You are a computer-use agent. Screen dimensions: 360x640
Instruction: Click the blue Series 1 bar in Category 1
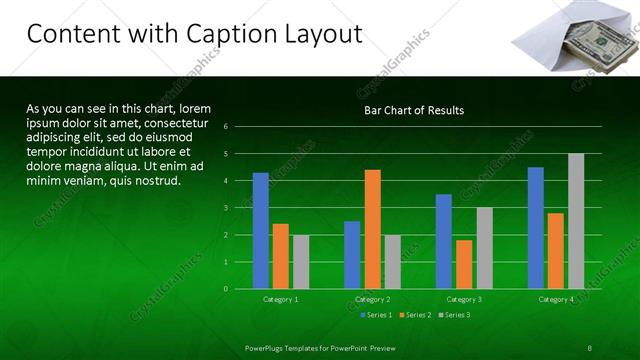pyautogui.click(x=260, y=231)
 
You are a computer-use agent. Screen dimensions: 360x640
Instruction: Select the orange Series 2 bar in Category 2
pyautogui.click(x=372, y=229)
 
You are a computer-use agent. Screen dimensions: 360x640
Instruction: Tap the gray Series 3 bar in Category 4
pyautogui.click(x=576, y=221)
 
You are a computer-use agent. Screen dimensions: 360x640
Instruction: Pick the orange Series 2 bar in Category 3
pyautogui.click(x=464, y=264)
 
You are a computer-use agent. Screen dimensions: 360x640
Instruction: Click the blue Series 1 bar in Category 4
pyautogui.click(x=536, y=228)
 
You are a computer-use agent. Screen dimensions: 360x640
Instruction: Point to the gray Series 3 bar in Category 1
pyautogui.click(x=301, y=262)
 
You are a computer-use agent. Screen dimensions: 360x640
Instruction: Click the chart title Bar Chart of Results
pyautogui.click(x=413, y=110)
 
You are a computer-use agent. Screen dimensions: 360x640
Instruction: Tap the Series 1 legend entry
pyautogui.click(x=375, y=315)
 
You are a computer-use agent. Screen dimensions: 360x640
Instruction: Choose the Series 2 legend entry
pyautogui.click(x=414, y=315)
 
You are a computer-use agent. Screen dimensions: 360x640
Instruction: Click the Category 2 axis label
pyautogui.click(x=372, y=299)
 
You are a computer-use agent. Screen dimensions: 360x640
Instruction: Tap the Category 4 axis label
pyautogui.click(x=556, y=299)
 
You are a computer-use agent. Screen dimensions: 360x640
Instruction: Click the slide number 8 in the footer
pyautogui.click(x=590, y=347)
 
